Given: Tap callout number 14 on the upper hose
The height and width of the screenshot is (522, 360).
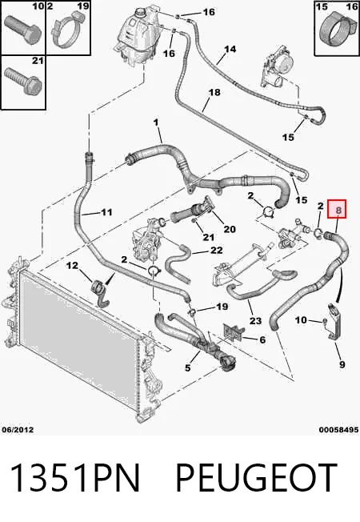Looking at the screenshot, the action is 230,50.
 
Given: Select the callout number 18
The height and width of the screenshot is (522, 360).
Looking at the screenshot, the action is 214,92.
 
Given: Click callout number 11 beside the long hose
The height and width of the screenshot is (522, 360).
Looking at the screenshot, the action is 106,212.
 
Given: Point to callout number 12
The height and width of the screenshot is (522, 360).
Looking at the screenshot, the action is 72,266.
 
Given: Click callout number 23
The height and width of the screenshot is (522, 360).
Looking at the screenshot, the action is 255,321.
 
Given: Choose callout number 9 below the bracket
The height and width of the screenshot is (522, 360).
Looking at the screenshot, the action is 342,364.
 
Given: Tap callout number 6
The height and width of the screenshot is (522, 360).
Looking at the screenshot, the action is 262,339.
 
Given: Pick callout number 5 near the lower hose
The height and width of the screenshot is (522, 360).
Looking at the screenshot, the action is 188,367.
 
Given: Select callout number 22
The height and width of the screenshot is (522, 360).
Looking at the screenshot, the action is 217,250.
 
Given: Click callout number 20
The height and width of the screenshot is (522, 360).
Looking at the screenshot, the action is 230,229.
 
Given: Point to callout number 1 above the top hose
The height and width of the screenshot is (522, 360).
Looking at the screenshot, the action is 156,122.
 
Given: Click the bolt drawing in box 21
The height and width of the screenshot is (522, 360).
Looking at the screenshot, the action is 22,81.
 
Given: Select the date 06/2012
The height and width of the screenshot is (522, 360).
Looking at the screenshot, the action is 18,429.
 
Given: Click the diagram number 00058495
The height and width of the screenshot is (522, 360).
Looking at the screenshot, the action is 338,430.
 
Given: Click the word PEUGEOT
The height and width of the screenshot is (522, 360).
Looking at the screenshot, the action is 256,477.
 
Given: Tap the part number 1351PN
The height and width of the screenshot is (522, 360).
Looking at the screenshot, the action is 75,477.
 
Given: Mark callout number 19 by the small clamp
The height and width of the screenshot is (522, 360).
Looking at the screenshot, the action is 222,307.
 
